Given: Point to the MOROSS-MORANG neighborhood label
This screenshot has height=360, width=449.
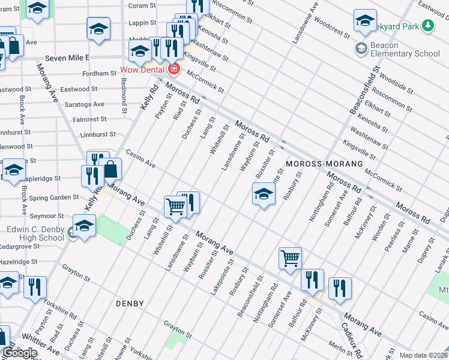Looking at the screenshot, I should click(325, 164).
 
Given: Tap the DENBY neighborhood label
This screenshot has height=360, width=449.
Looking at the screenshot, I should click(130, 304).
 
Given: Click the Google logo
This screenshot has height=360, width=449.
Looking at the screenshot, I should click(19, 353).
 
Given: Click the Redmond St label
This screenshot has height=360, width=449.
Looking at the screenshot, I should click(124, 97).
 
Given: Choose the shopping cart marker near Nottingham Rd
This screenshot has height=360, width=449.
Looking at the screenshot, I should click(290, 258).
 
